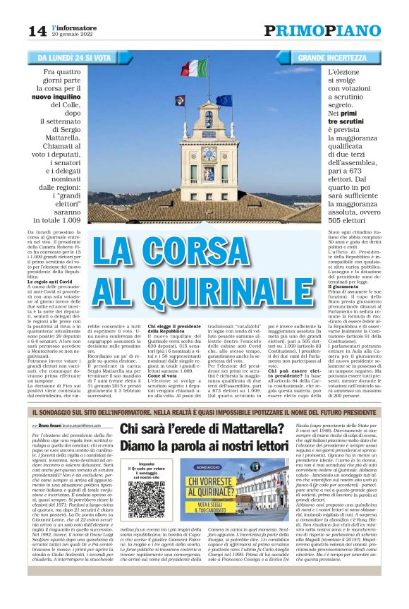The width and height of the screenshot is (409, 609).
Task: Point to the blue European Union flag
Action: coord(224,100)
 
